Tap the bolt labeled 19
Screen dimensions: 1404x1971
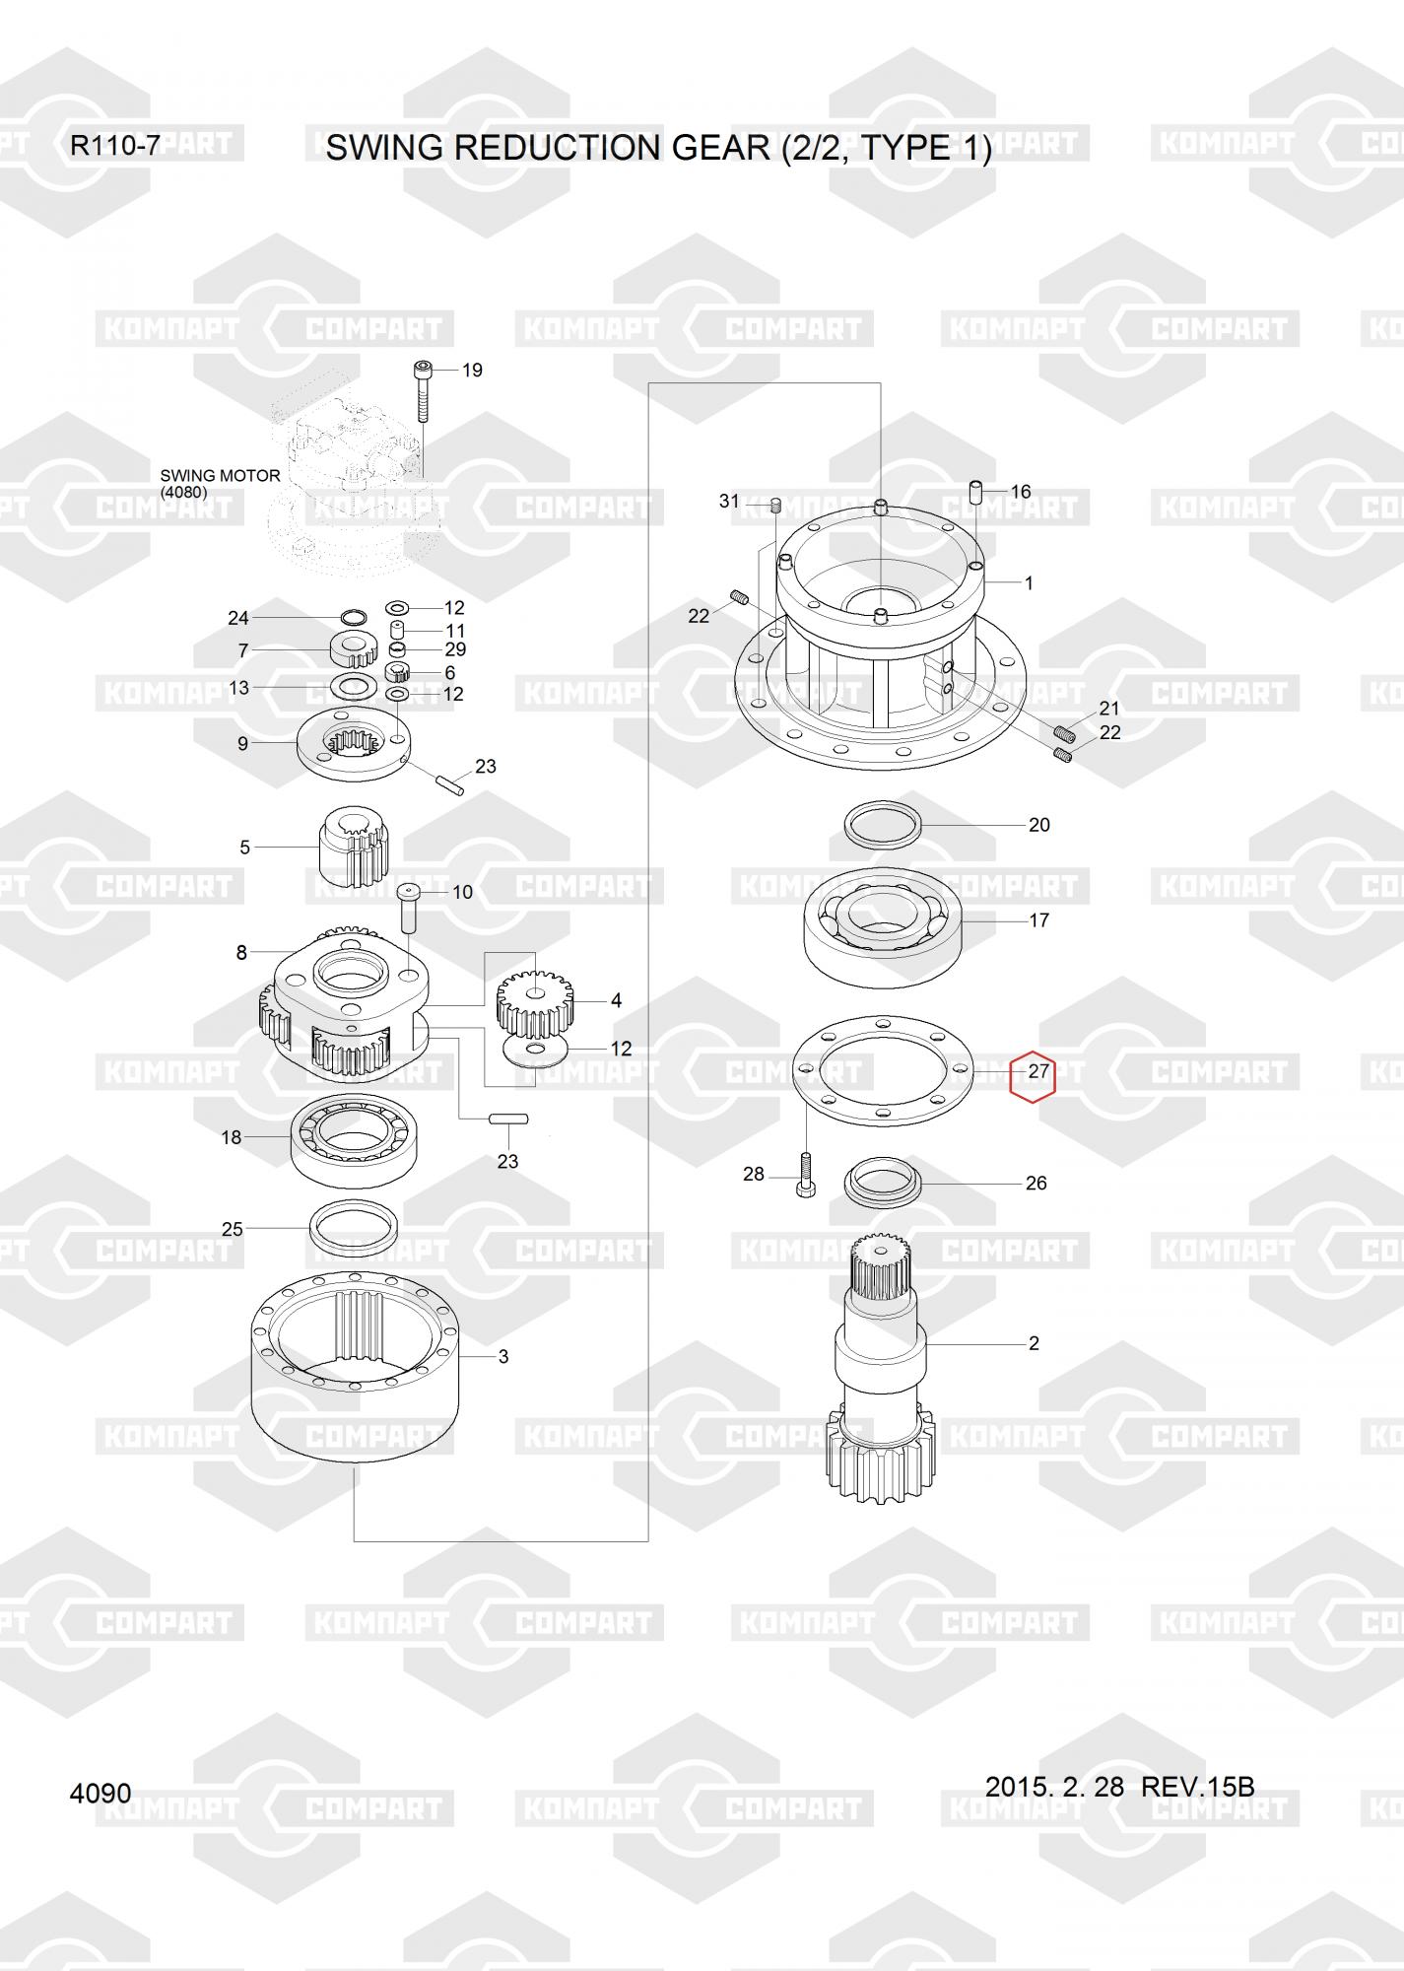coord(422,391)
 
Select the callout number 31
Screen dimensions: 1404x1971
coord(729,501)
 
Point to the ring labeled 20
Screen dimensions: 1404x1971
coord(884,822)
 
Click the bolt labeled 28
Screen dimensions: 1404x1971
coord(805,1175)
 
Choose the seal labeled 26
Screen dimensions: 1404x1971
coord(884,1180)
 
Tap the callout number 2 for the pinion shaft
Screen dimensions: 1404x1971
coord(1034,1343)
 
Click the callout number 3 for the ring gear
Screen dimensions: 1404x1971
coord(503,1357)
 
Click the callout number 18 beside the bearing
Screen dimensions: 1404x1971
coord(232,1137)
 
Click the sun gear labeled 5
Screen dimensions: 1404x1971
coord(355,847)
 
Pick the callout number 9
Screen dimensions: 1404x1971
coord(243,744)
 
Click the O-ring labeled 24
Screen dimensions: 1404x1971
coord(354,618)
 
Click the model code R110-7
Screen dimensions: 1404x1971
coord(114,147)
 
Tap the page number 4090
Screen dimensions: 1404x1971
coord(100,1793)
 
